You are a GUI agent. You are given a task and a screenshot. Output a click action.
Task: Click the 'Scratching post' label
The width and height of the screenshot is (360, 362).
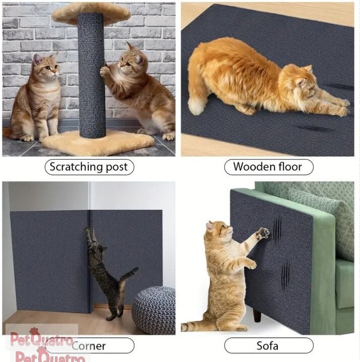point(89,167)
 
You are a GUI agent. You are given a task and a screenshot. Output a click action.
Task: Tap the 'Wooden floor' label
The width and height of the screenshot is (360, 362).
point(269,167)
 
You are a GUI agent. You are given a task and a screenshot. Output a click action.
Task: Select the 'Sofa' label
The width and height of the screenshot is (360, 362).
point(269,345)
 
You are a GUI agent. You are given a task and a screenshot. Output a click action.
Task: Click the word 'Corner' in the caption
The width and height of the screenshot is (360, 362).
point(89,346)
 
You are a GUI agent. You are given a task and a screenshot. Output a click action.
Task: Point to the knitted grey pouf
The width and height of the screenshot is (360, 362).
point(154,310)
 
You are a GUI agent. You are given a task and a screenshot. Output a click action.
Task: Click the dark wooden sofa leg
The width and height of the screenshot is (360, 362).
point(257,316)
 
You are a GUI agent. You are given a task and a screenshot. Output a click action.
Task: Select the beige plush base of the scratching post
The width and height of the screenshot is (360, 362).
point(98,143)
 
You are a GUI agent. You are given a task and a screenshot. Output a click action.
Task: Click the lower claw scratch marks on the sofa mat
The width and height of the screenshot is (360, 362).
point(285,276)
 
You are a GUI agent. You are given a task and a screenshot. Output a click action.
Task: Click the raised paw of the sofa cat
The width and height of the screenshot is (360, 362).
point(263,233)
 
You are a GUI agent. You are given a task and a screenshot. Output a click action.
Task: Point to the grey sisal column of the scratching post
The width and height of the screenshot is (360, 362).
point(92,75)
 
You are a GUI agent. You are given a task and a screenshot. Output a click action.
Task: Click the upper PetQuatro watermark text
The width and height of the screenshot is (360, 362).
point(41,340)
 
